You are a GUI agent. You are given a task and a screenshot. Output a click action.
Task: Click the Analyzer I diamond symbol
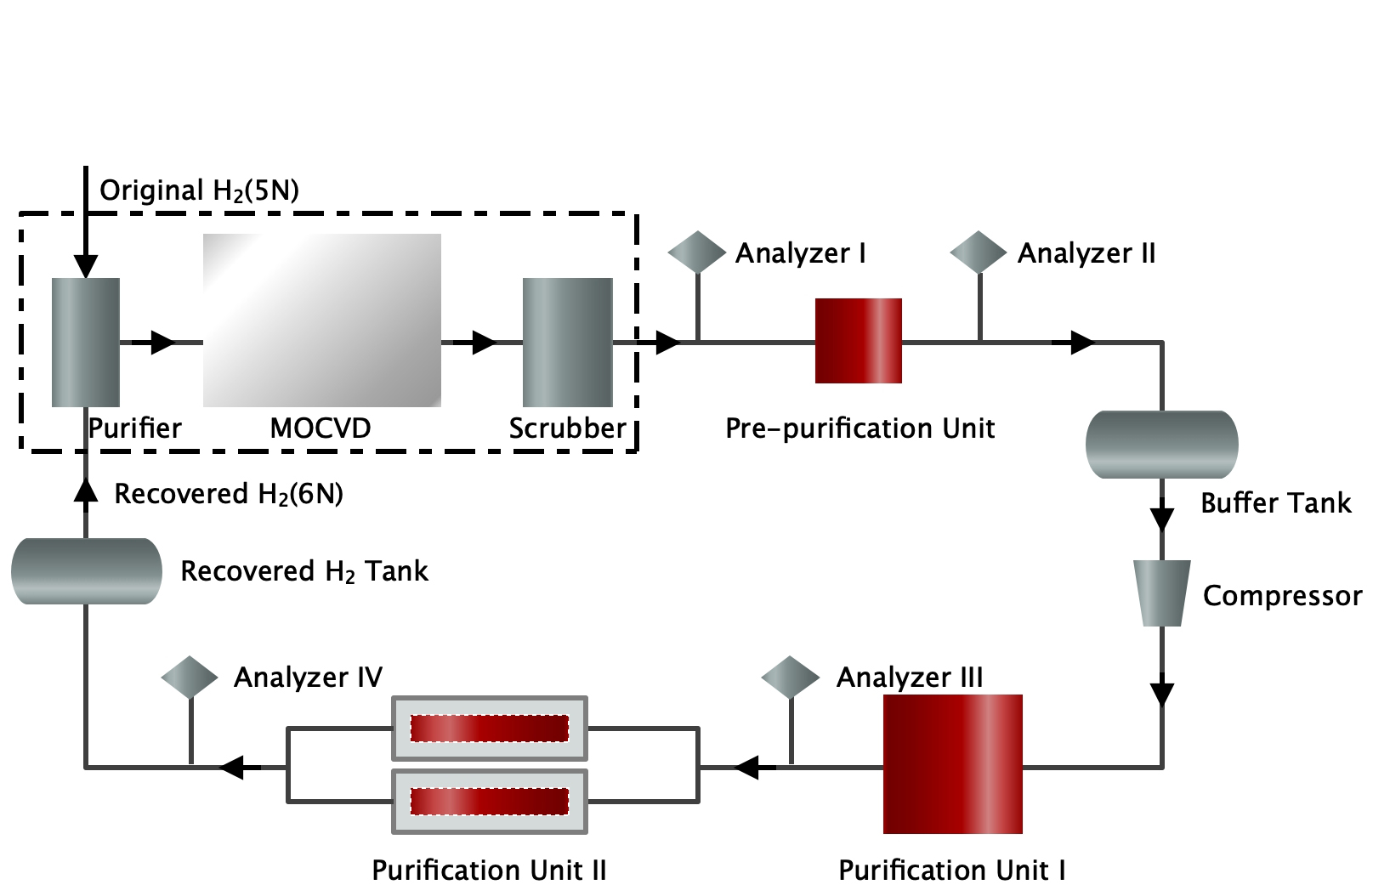[696, 252]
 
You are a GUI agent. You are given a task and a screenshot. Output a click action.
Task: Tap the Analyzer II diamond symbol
[979, 252]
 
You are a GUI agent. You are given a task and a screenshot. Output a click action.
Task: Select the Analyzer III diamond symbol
[790, 678]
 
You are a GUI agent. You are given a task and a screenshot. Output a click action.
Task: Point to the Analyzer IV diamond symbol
[189, 678]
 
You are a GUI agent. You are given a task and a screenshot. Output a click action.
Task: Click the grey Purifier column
[86, 342]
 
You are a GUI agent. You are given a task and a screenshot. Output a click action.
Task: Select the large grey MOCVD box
[321, 320]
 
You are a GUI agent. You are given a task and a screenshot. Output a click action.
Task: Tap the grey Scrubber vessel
[567, 342]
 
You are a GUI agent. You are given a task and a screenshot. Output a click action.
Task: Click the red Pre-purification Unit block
[858, 341]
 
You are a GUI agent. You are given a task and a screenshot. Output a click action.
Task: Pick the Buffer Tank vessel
[1161, 445]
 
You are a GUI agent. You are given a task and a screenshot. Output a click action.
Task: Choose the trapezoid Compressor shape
[1161, 593]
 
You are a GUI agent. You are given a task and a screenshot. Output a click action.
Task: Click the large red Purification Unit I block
[952, 763]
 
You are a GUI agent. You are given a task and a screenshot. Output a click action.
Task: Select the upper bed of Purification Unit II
[489, 729]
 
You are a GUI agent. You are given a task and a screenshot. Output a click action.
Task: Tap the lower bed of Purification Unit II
[489, 802]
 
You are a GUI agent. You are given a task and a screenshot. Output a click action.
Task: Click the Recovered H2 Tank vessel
[86, 571]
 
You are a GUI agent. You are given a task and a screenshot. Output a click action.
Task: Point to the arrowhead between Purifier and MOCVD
[162, 343]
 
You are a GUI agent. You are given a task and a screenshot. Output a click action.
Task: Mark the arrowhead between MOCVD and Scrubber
[483, 343]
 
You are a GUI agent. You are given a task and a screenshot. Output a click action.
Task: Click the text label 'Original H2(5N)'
[199, 190]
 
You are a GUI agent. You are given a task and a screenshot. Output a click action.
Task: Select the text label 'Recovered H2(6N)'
[228, 494]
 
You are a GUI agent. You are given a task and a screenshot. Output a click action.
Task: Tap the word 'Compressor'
[1281, 596]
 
